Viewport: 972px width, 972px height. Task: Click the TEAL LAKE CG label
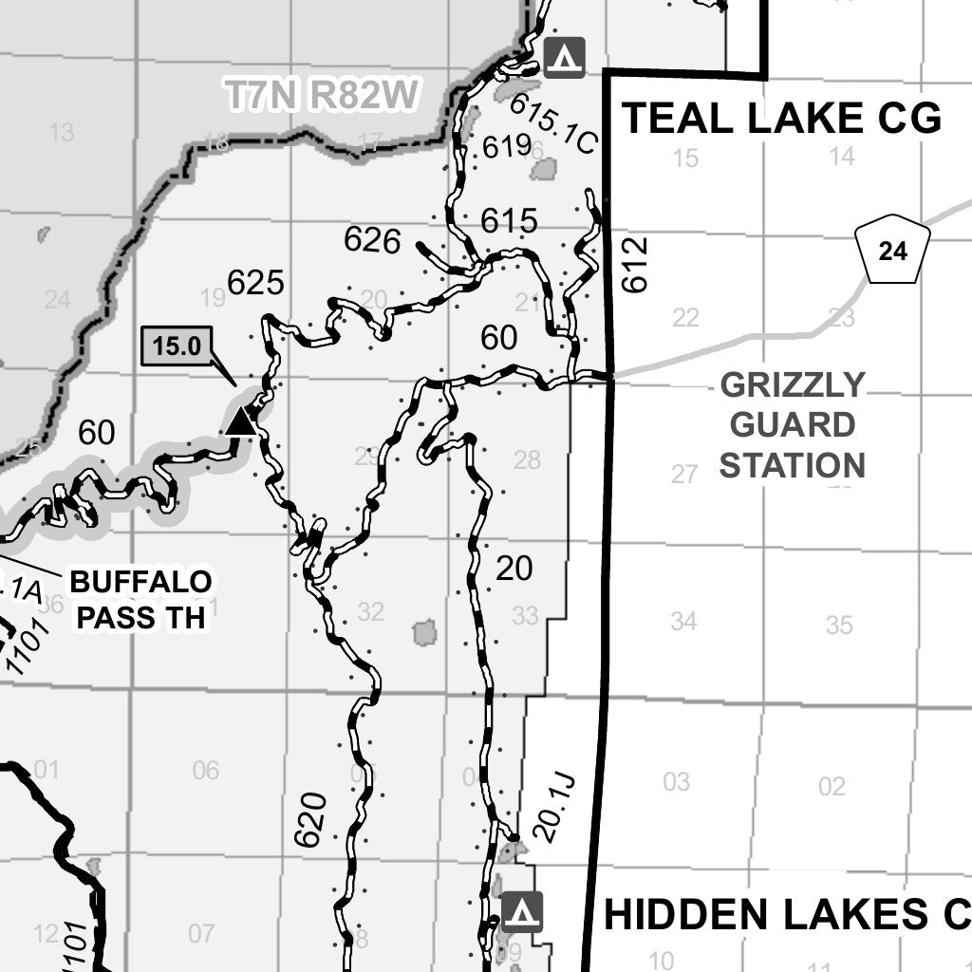coord(780,119)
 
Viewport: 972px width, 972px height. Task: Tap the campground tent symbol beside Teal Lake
coord(565,57)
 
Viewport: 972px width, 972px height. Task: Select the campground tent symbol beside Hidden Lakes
coord(522,911)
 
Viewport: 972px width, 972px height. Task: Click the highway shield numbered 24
coord(892,252)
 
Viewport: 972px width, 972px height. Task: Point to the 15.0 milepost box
coord(178,346)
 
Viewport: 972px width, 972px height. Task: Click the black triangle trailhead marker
coord(240,421)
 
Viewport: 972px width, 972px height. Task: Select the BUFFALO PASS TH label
coord(140,599)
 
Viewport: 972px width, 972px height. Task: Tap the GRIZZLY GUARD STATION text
coord(793,425)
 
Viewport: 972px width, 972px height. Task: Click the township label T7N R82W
coord(321,96)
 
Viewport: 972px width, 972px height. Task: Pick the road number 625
coord(255,282)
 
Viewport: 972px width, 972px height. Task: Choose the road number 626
coord(372,240)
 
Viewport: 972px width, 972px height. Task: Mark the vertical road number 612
coord(635,264)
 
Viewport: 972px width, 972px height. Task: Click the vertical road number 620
coord(310,819)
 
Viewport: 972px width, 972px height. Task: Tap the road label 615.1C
coord(553,123)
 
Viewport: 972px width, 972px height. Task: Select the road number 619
coord(506,146)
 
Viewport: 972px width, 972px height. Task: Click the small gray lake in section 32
coord(424,632)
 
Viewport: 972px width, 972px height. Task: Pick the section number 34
coord(683,622)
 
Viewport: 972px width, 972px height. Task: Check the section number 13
coord(61,133)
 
